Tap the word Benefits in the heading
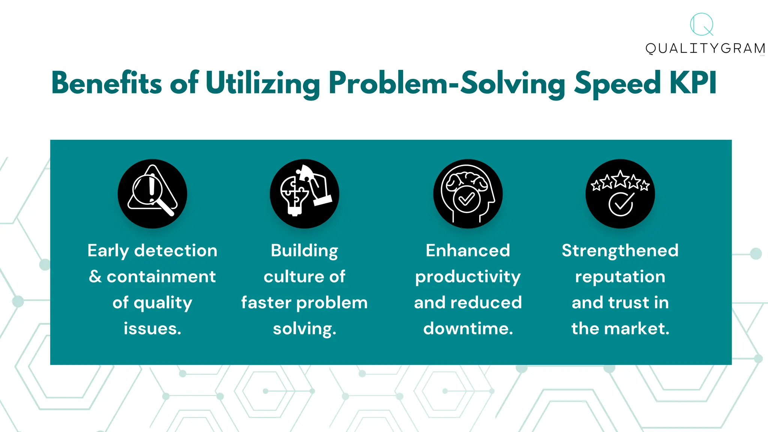tap(106, 83)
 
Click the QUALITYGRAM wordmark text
tap(705, 48)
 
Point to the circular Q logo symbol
tap(702, 25)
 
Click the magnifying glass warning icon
tap(152, 193)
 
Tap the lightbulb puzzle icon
tap(304, 193)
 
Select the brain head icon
tap(468, 193)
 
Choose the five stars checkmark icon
tap(620, 193)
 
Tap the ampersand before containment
tap(95, 277)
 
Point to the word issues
tap(152, 328)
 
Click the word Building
tap(304, 250)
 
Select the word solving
tap(304, 329)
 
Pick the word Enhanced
tap(468, 250)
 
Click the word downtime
tap(468, 328)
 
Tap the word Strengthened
tap(620, 250)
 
